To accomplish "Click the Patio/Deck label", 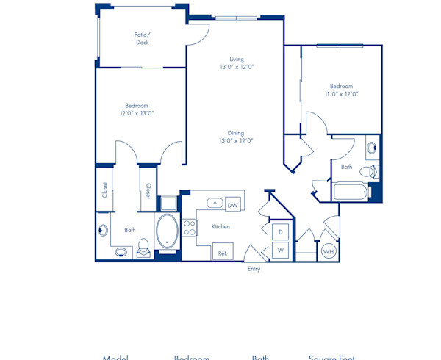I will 142,38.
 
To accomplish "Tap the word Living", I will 236,59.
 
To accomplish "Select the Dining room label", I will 235,133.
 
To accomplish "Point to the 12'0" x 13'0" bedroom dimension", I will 137,113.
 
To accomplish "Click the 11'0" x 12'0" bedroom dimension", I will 341,93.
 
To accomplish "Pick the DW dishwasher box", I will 233,205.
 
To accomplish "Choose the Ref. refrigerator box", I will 222,252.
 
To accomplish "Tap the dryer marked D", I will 280,232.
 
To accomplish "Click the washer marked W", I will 280,251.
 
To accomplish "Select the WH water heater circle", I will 329,252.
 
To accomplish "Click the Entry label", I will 254,269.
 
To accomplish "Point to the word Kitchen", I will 220,227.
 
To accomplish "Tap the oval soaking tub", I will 167,232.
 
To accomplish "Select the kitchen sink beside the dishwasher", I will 215,204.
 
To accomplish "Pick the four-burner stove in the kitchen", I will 189,228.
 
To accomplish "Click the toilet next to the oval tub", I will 143,248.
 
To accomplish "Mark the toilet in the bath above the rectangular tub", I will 373,172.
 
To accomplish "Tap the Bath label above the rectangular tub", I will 346,167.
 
